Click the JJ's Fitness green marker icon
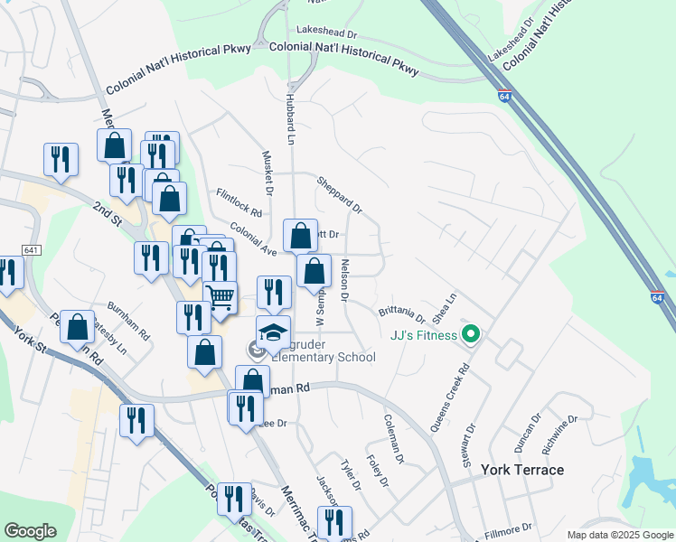coord(470,336)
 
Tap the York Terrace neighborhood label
coord(522,470)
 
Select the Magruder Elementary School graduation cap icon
coord(274,332)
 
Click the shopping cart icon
coord(221,296)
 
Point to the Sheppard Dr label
coord(339,194)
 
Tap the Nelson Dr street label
coord(344,279)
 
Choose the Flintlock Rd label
coord(239,202)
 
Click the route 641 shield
coord(32,250)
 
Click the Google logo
coord(30,531)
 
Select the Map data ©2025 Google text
coord(620,535)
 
